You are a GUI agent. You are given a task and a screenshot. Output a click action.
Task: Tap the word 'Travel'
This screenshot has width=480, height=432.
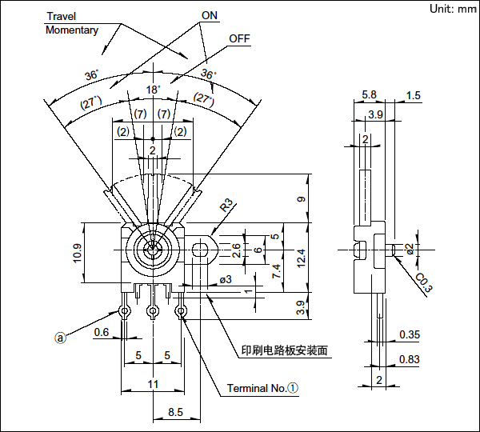(x=62, y=16)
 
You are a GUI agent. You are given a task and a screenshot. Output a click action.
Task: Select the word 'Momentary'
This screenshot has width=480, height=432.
(x=72, y=30)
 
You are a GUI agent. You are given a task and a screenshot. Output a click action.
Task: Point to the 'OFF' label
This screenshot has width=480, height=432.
(x=239, y=38)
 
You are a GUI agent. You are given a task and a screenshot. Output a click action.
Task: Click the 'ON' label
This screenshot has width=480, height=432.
(x=210, y=15)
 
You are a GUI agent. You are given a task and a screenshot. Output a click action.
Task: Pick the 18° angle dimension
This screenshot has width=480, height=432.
(x=153, y=90)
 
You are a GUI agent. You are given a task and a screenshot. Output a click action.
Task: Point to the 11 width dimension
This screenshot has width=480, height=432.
(x=153, y=385)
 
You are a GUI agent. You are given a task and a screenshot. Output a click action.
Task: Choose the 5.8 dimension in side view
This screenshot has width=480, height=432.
(x=369, y=94)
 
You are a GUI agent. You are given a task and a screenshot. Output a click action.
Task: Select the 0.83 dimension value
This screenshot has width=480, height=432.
(x=409, y=359)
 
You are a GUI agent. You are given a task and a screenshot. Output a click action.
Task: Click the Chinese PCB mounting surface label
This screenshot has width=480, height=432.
(x=285, y=350)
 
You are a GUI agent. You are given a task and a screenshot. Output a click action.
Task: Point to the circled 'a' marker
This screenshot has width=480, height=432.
(x=59, y=338)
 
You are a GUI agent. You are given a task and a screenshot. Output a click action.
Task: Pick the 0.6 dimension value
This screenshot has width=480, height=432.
(x=102, y=332)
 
